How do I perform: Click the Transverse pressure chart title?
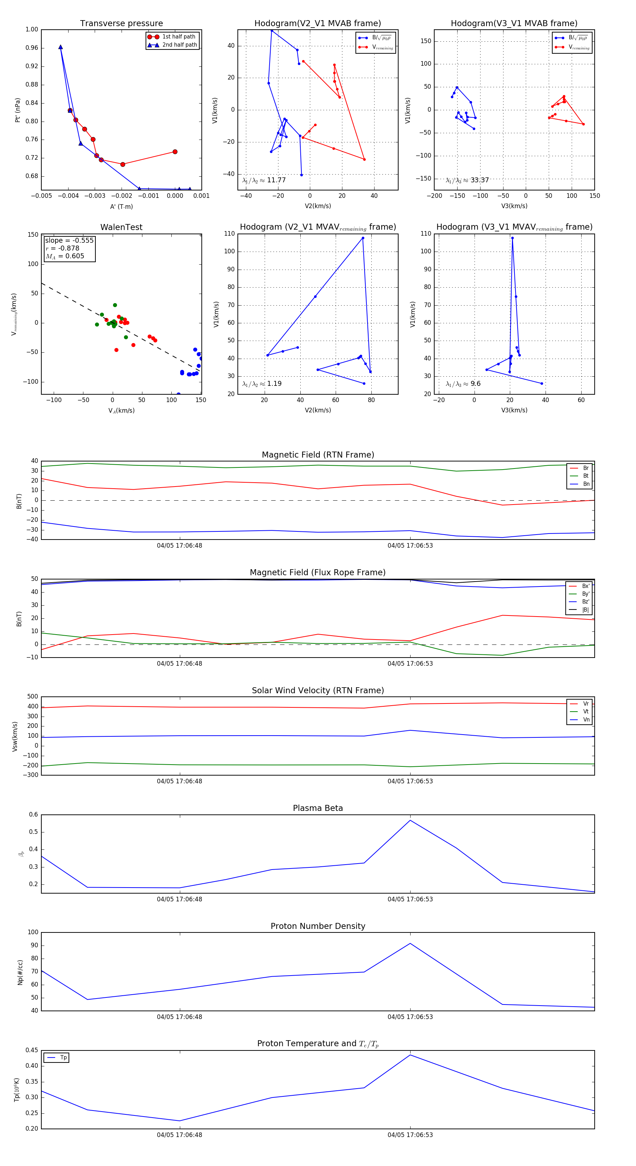tap(121, 24)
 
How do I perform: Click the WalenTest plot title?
tap(121, 227)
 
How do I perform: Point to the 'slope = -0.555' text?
tap(69, 240)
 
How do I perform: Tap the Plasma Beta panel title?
tap(318, 808)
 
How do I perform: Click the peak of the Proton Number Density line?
tap(410, 943)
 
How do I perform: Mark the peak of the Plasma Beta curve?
tap(410, 820)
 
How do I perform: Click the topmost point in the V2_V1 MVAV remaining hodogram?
tap(363, 238)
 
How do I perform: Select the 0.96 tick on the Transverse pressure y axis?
tap(32, 48)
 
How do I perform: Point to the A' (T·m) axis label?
tap(121, 206)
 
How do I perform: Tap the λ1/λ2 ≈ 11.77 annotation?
tap(264, 180)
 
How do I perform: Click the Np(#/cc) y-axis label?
tap(20, 972)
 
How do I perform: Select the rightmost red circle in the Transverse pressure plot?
tap(175, 152)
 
